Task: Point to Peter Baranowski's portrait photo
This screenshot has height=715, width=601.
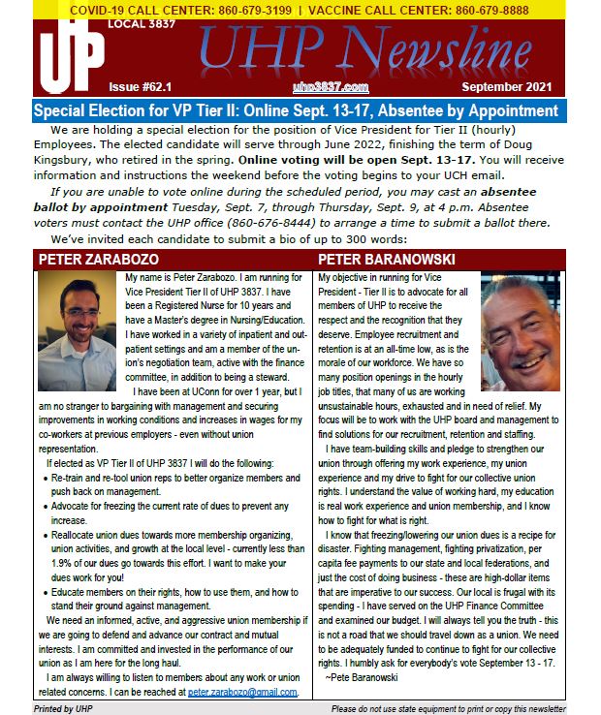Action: click(x=520, y=330)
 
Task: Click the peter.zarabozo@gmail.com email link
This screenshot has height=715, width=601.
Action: click(x=242, y=693)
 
